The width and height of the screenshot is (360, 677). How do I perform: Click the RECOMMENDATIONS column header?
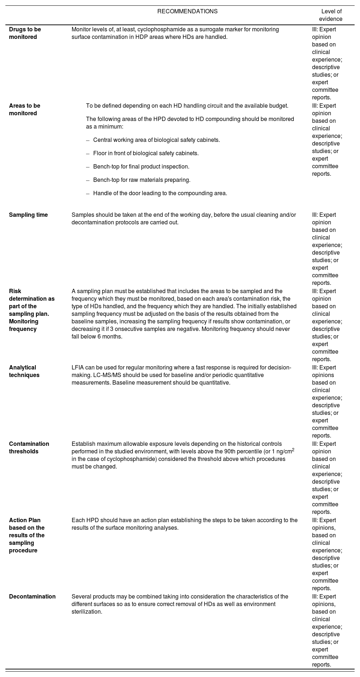pos(187,11)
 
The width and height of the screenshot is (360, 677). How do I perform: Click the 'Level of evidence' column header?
pos(331,15)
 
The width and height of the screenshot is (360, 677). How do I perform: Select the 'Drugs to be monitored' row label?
pos(25,33)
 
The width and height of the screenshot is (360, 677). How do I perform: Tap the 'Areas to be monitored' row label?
pos(24,109)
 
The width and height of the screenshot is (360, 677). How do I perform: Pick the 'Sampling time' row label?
pos(28,215)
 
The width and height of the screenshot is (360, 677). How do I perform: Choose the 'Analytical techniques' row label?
pos(24,371)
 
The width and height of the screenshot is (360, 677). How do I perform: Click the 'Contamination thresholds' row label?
pos(29,448)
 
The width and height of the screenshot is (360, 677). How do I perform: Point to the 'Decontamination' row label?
pos(32,597)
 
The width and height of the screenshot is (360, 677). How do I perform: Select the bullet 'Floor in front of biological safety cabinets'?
pos(146,153)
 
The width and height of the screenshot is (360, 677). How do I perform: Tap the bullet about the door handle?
pos(160,193)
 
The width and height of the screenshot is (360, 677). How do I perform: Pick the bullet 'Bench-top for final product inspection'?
pos(141,167)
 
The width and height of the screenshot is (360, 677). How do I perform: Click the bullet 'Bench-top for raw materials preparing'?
pos(141,180)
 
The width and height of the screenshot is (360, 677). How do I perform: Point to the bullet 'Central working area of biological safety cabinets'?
pos(156,140)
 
